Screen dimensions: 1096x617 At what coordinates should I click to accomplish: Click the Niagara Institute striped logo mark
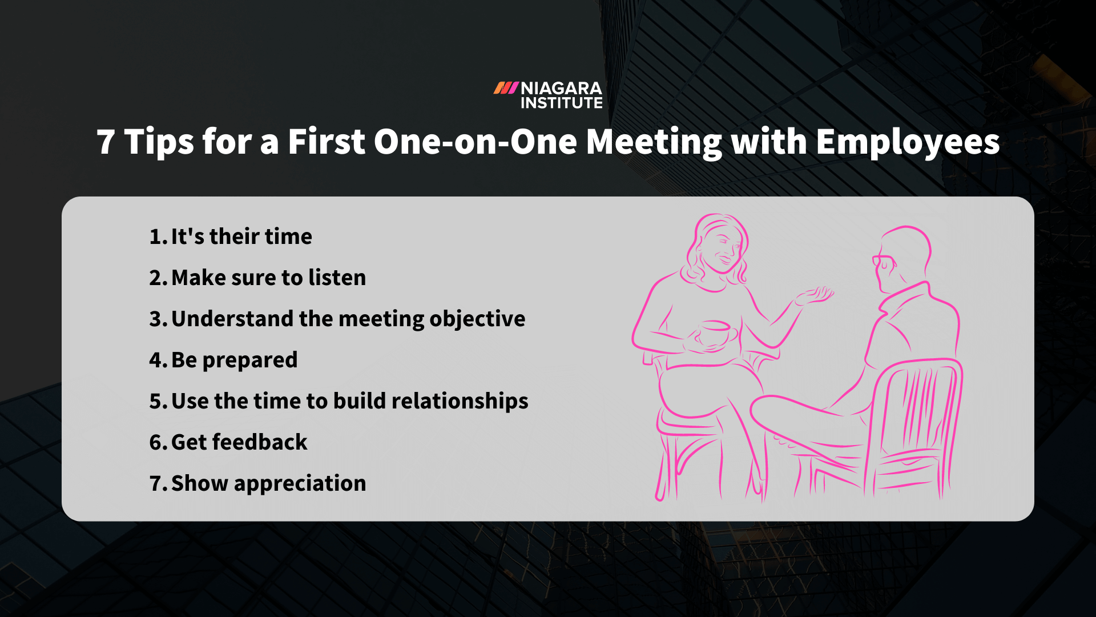pyautogui.click(x=506, y=88)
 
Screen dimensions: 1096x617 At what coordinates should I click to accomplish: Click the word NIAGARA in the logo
pyautogui.click(x=561, y=89)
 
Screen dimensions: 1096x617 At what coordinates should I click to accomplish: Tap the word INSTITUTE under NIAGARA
pyautogui.click(x=561, y=103)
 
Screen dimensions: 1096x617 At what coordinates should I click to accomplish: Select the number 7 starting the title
pyautogui.click(x=106, y=142)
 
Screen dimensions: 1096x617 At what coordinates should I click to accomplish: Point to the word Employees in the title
pyautogui.click(x=908, y=143)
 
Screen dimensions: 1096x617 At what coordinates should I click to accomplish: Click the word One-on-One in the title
pyautogui.click(x=476, y=142)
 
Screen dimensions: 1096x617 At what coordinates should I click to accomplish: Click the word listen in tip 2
pyautogui.click(x=337, y=278)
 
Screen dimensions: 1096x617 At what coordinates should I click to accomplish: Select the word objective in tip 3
pyautogui.click(x=477, y=319)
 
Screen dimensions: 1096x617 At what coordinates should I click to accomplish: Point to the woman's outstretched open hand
pyautogui.click(x=813, y=296)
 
